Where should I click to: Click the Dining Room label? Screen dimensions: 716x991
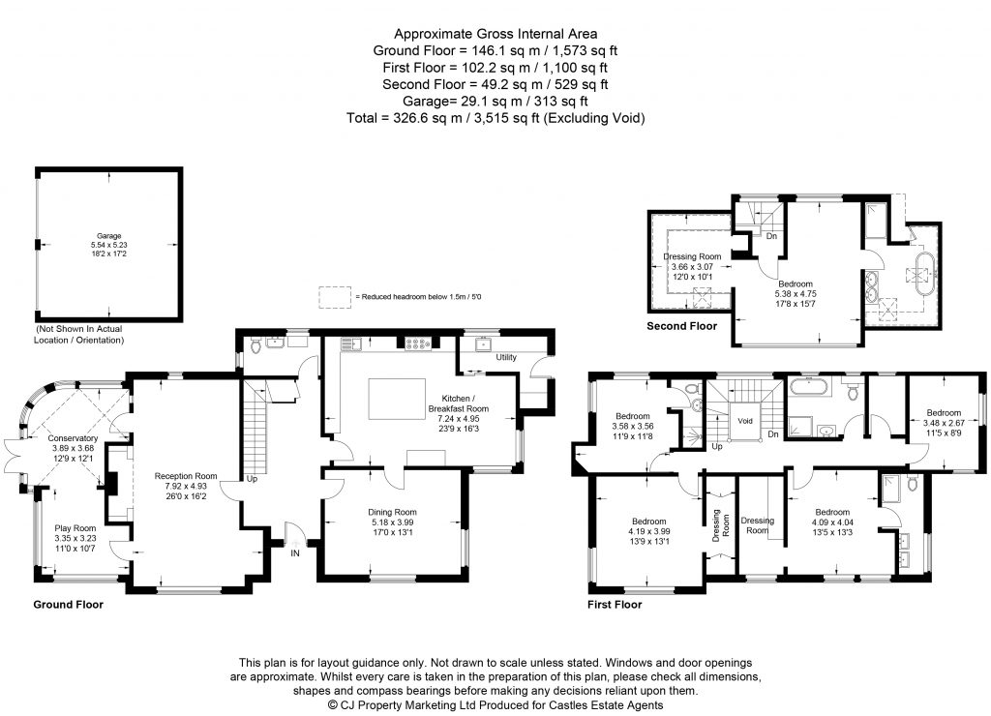click(x=392, y=512)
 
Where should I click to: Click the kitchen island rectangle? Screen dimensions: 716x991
click(x=398, y=397)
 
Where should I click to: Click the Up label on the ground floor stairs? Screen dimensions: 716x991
click(x=251, y=478)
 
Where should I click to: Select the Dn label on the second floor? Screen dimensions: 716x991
click(x=771, y=235)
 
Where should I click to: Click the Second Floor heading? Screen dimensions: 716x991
click(x=681, y=327)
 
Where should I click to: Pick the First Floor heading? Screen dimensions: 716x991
click(x=615, y=605)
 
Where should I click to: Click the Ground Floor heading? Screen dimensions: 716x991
click(x=68, y=605)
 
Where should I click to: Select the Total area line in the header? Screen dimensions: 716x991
click(x=495, y=118)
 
